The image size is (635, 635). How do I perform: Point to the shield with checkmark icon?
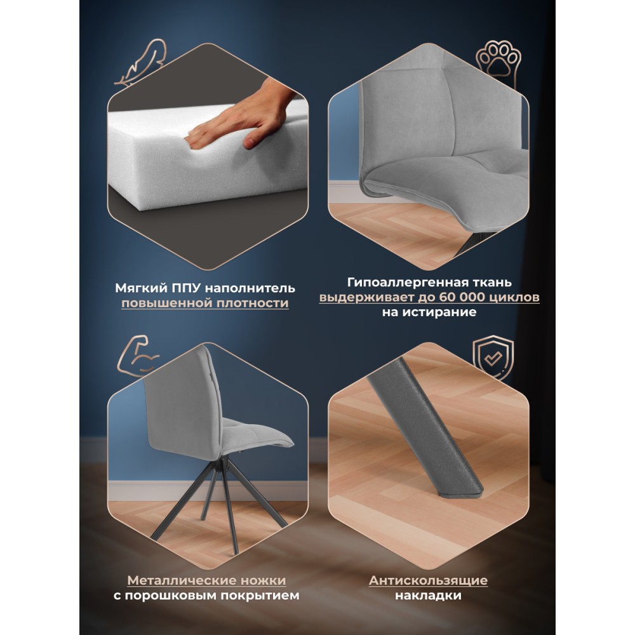pos(493,358)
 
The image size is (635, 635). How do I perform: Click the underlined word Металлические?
pos(182,580)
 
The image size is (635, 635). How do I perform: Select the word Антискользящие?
pos(428,580)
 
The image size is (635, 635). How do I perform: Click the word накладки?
pos(428,596)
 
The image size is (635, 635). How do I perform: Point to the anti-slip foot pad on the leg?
pos(460,491)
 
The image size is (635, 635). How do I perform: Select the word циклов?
pos(514,298)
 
